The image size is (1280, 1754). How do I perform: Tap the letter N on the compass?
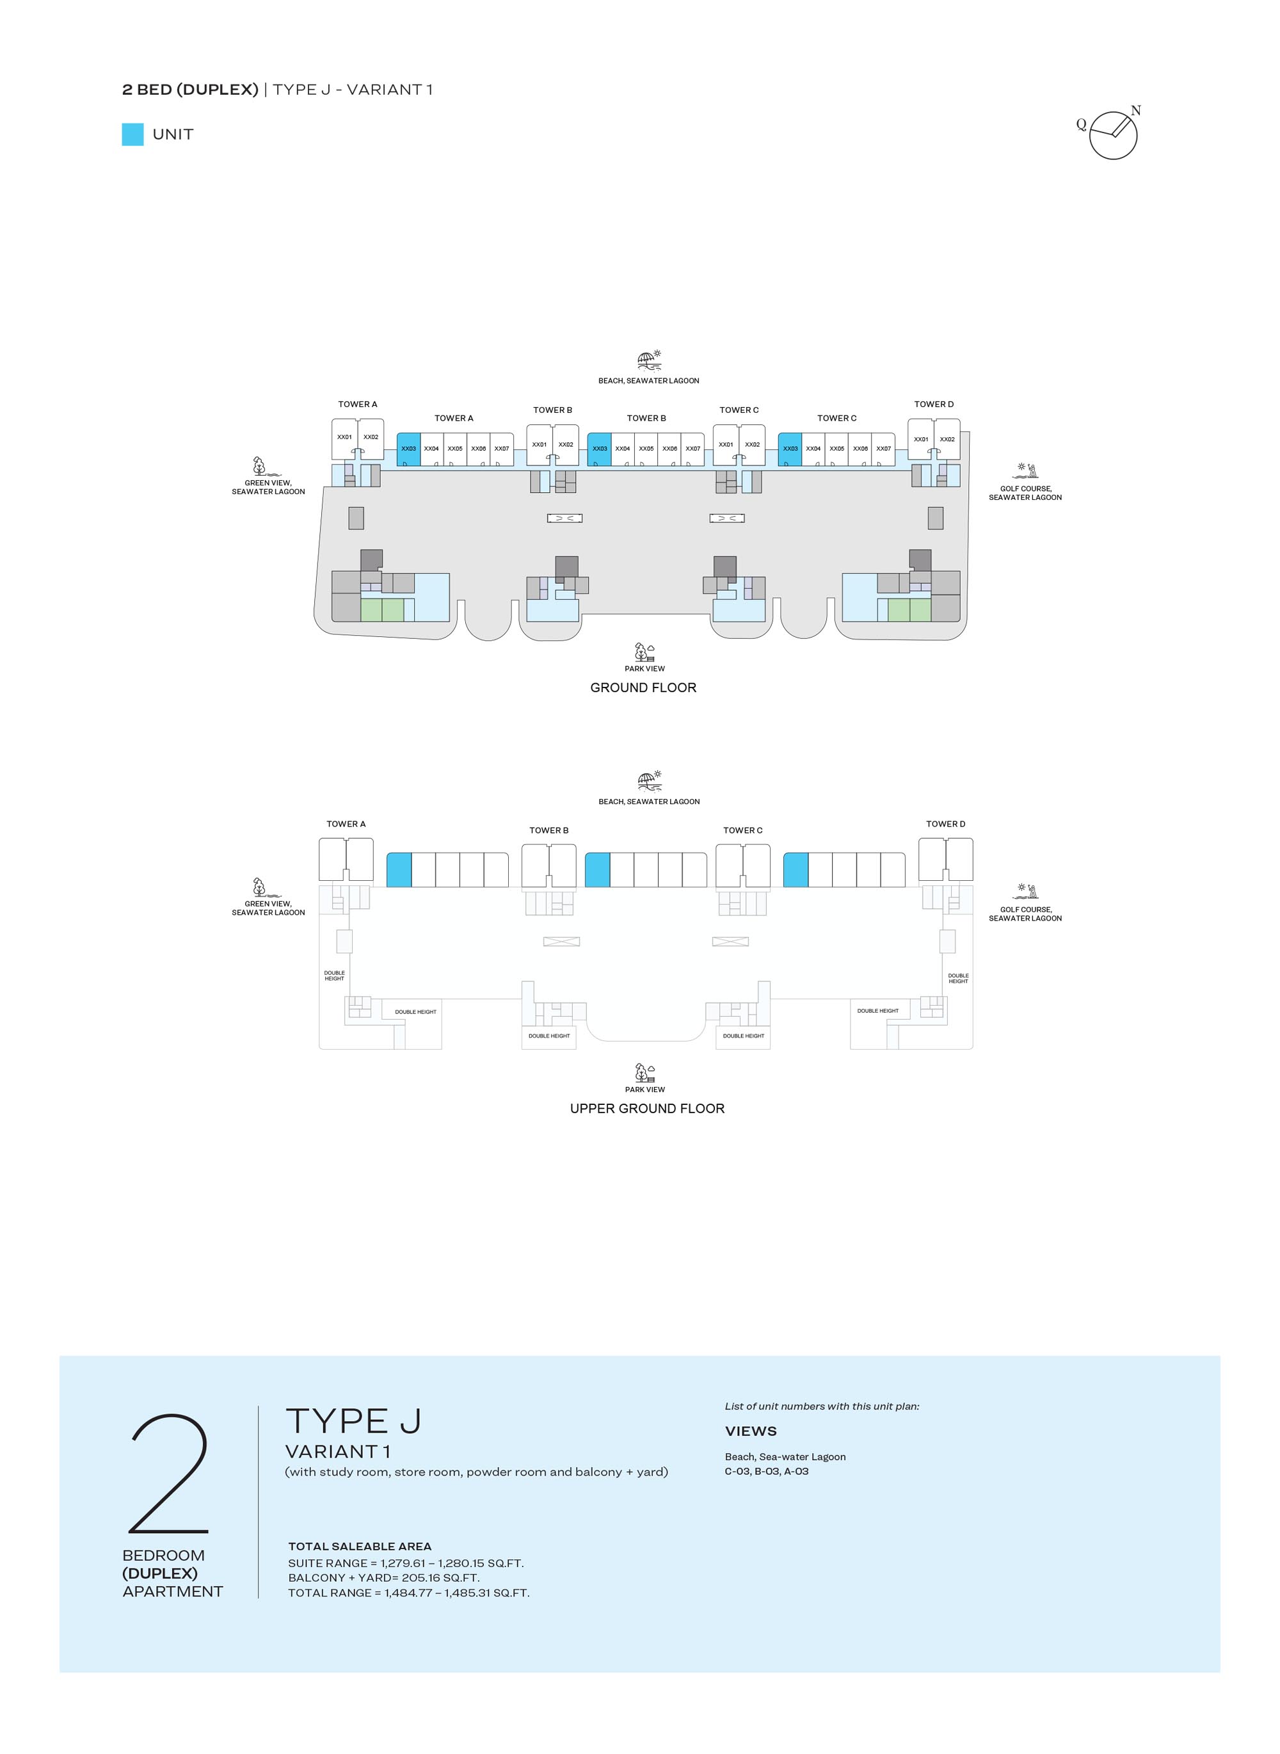1135,110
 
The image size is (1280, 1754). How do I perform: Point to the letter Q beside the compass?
1081,124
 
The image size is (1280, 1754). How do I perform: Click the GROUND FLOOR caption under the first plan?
643,688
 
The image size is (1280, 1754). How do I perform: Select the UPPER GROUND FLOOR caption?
647,1108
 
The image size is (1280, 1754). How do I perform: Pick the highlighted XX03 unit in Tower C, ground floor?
790,449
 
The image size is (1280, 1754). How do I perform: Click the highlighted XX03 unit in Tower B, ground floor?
599,449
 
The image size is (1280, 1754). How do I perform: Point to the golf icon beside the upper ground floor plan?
1027,891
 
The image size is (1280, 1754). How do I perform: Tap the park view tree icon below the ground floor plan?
644,652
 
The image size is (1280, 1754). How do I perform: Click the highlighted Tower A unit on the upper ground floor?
399,869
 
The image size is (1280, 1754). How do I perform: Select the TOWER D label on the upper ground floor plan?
945,824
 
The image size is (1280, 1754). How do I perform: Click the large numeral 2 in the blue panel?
169,1474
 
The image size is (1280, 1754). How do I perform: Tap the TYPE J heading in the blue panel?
353,1422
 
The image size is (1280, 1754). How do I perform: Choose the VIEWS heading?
751,1431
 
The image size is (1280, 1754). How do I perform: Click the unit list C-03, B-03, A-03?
766,1471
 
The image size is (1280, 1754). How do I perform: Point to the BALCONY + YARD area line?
383,1577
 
